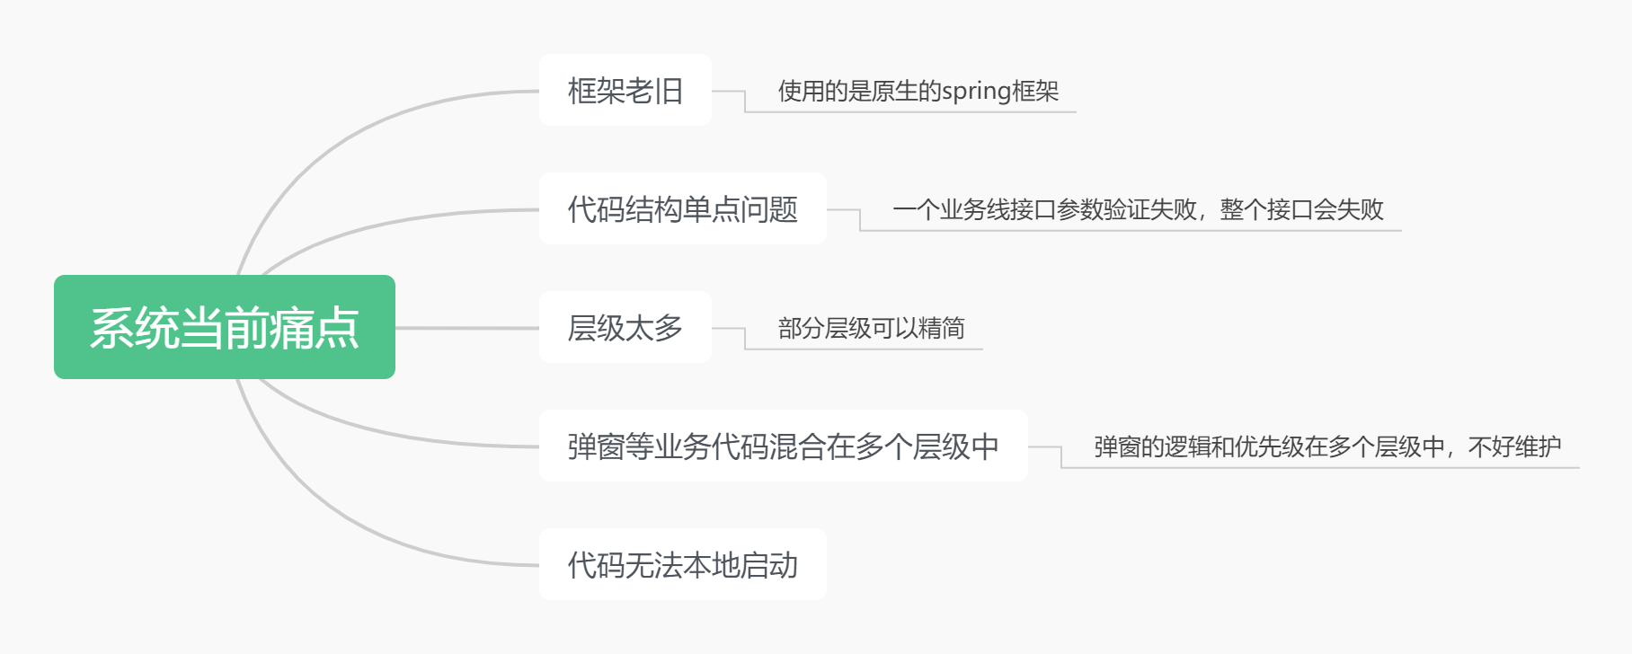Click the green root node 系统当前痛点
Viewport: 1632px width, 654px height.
pos(225,327)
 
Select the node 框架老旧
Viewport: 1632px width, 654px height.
pos(625,91)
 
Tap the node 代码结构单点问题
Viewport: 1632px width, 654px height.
pos(683,209)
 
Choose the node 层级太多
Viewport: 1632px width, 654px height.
pos(625,328)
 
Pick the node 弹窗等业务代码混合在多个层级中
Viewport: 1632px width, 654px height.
pos(783,446)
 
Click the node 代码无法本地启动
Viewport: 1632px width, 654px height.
pos(683,565)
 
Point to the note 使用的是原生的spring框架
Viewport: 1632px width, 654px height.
pos(918,91)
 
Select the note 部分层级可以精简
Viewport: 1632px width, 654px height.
pos(871,328)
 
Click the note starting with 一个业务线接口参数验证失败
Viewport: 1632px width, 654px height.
pos(1138,209)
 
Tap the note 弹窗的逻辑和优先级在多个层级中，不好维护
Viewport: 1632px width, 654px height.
pos(1327,446)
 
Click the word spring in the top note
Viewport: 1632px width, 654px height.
pos(976,92)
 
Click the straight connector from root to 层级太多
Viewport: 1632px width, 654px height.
pos(467,328)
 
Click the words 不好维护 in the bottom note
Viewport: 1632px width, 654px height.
pos(1514,446)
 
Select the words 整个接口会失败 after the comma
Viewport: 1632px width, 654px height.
pos(1302,209)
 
